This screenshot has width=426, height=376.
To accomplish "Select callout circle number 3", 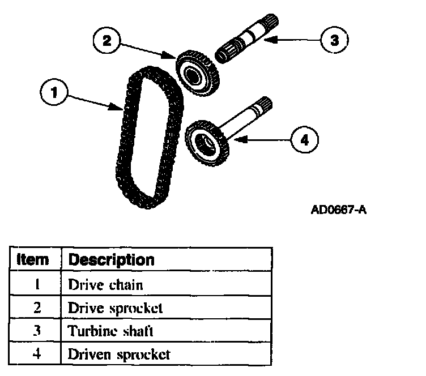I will click(x=334, y=40).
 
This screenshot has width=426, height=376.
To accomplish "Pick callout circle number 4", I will click(x=304, y=139).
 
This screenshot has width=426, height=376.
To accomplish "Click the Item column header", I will click(x=32, y=260).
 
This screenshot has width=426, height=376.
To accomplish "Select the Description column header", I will click(x=111, y=260).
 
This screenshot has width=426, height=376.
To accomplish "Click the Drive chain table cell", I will click(x=105, y=285).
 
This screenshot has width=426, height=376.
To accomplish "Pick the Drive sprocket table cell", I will click(x=115, y=309).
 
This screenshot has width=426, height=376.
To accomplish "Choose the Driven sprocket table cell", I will click(x=119, y=355).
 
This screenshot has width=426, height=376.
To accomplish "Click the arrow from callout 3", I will click(x=295, y=40).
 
